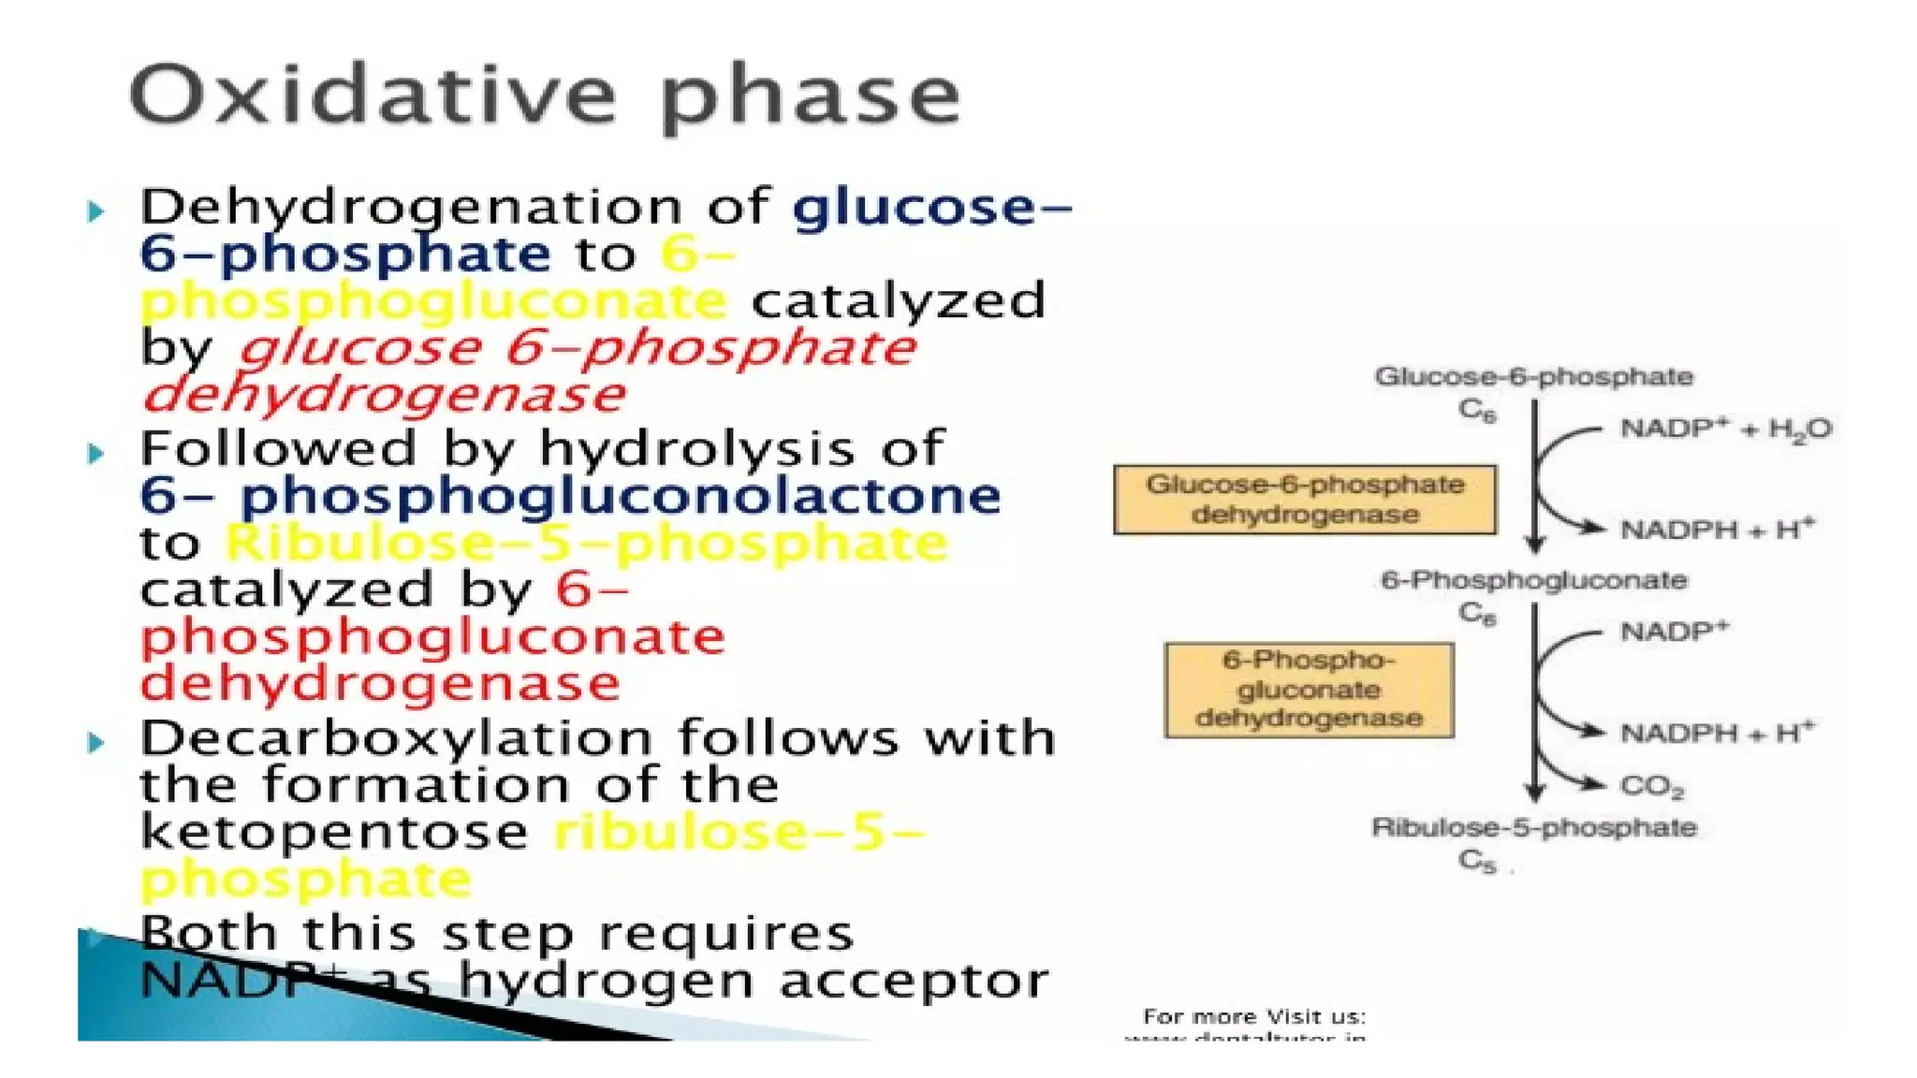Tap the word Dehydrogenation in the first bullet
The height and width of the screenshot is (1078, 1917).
tap(412, 208)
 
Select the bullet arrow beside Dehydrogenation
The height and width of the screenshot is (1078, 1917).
tap(95, 211)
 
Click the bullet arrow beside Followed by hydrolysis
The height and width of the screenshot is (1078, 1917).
tap(95, 454)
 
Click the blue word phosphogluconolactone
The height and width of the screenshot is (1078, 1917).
tap(620, 497)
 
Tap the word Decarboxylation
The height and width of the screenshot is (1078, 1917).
tap(396, 738)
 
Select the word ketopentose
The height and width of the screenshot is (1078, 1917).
tap(334, 832)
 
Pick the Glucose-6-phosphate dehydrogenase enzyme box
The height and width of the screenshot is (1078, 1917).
tap(1305, 500)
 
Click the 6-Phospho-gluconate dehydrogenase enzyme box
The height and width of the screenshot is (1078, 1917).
tap(1309, 690)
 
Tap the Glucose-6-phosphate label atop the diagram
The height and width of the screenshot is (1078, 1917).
tap(1533, 377)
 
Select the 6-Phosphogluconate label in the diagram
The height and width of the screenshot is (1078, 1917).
tap(1533, 580)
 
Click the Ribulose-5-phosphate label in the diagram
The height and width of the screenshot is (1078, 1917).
tap(1533, 827)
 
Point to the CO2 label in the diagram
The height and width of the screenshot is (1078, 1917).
tap(1651, 786)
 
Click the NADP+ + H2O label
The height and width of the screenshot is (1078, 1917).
tap(1725, 430)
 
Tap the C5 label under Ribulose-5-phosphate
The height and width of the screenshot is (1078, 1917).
tap(1477, 860)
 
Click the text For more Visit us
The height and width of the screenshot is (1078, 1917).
tap(1254, 1016)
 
